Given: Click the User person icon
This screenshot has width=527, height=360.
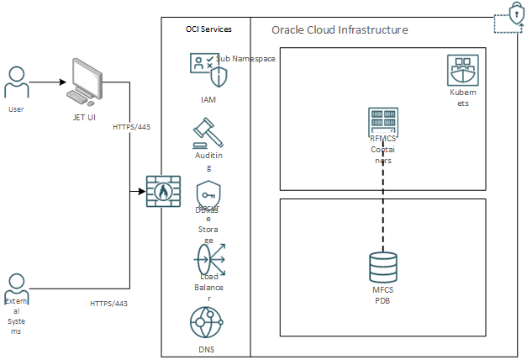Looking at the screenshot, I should (x=16, y=82).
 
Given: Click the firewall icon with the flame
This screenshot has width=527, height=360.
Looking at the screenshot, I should (x=162, y=192).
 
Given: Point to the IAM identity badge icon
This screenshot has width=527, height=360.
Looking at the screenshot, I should (x=208, y=71).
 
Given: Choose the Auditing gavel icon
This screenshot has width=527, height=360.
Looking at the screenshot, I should (x=207, y=130).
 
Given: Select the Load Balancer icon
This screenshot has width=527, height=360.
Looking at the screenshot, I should (x=208, y=257).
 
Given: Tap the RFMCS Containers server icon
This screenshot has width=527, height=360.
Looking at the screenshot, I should (x=383, y=123).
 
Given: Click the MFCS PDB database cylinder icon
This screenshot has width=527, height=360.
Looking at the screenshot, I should (x=383, y=267).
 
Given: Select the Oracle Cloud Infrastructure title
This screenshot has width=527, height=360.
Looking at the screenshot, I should (x=340, y=29).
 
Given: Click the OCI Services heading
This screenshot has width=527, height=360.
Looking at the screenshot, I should (x=208, y=29).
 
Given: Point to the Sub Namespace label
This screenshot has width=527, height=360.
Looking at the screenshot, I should (x=245, y=59).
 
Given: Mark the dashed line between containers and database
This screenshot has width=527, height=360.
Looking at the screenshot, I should (x=384, y=202).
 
